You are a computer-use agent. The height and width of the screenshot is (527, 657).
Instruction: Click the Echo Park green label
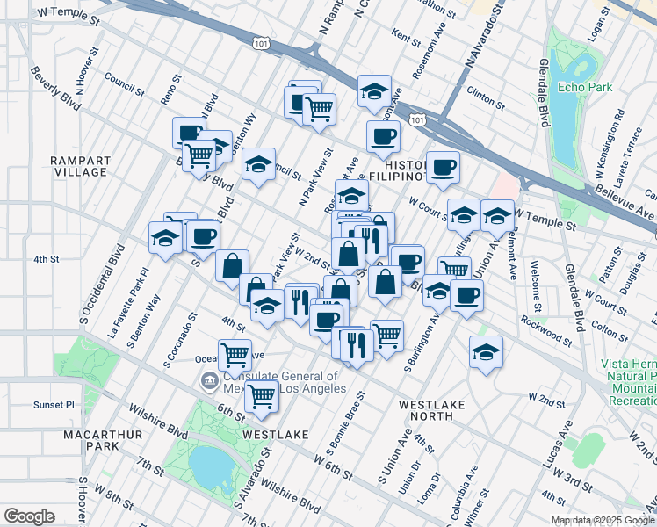coord(579,89)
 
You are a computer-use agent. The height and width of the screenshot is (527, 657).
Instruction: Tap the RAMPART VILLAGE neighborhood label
coord(80,166)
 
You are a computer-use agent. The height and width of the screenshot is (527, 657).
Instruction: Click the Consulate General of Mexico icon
coord(210,381)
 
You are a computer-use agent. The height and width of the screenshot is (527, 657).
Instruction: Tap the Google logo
coord(29,516)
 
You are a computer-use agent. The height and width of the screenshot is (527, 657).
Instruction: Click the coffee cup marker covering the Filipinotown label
coord(443,165)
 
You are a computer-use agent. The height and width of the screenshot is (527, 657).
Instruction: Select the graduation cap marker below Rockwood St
coord(486,351)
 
